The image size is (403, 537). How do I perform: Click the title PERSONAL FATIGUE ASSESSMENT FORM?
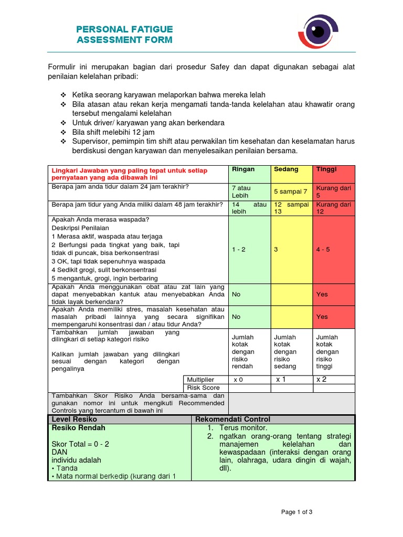click(124, 34)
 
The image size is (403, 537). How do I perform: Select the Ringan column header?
click(243, 169)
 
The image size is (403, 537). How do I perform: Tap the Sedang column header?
click(286, 169)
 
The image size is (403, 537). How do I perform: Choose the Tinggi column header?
click(326, 169)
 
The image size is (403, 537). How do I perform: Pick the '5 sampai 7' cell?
click(291, 191)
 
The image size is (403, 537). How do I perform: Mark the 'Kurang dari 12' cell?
click(333, 208)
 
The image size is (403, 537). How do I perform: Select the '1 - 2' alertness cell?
click(239, 250)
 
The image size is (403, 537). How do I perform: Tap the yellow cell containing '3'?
click(276, 250)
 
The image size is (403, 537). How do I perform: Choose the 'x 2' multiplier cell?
click(321, 379)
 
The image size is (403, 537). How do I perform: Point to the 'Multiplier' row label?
click(200, 379)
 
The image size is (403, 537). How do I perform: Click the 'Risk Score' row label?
click(202, 388)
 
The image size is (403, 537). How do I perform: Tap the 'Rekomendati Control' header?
click(232, 419)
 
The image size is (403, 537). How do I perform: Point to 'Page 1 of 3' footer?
click(296, 512)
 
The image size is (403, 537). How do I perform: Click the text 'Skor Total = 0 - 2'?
click(80, 444)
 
